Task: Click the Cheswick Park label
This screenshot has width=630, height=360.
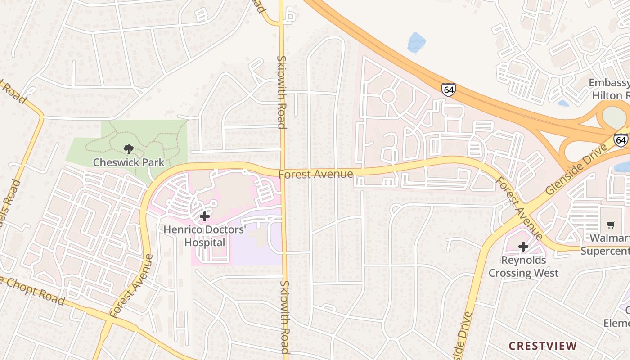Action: pos(129,162)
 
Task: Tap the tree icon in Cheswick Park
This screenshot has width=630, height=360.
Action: pos(129,149)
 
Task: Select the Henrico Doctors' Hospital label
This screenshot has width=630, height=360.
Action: pos(205,236)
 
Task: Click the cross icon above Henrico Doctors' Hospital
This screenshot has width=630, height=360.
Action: pos(205,216)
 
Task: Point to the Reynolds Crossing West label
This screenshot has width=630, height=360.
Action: pos(523,266)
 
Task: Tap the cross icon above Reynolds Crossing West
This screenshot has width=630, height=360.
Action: pos(523,247)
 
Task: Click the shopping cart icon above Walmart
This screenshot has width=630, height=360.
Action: pos(611,225)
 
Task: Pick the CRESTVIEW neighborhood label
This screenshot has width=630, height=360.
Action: pos(543,346)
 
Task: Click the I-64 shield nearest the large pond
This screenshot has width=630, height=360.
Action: pos(448,90)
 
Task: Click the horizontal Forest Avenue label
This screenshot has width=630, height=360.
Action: pos(315,174)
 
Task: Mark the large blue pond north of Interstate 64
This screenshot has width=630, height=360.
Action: pos(416,43)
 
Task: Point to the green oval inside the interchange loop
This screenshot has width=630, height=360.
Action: pos(614,117)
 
